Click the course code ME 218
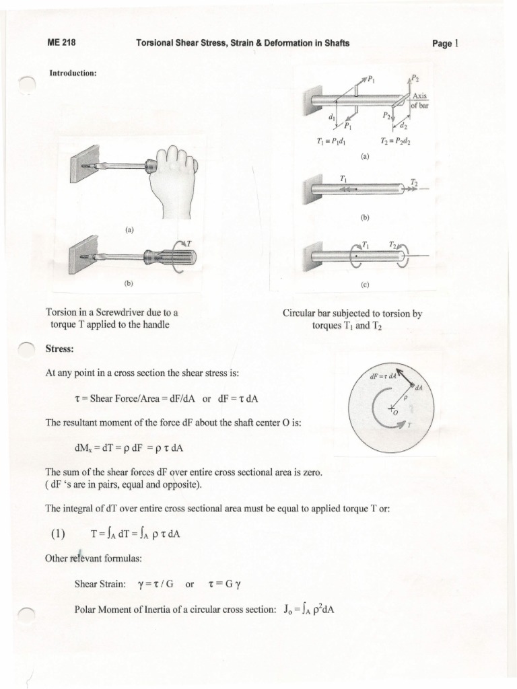[x=61, y=43]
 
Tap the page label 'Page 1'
[x=445, y=44]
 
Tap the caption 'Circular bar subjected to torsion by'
[x=356, y=314]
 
